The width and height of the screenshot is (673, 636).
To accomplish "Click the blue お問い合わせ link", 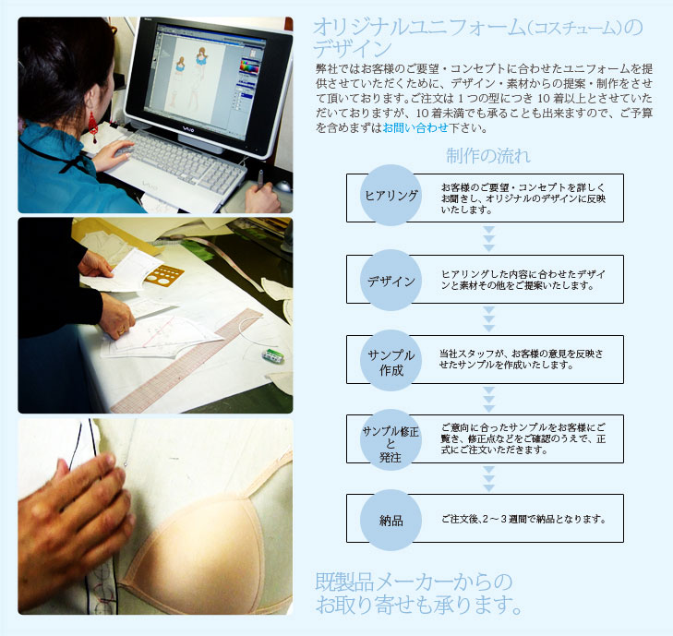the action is (415, 127).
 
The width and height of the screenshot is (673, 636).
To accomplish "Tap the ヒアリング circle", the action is (391, 196).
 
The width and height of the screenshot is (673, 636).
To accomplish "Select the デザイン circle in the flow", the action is (391, 281).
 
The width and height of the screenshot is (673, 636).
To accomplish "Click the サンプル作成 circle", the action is (391, 361).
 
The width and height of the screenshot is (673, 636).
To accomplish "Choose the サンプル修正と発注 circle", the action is (391, 440).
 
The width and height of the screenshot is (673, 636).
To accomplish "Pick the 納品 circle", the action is (391, 520).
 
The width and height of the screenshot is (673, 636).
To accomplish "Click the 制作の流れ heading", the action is (488, 156).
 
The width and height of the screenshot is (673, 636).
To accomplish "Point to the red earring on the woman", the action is (92, 127).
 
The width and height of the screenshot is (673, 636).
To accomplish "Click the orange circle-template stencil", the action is (164, 276).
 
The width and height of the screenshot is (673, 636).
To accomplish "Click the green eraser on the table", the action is (272, 355).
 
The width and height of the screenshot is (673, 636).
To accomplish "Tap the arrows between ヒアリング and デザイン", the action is (489, 238).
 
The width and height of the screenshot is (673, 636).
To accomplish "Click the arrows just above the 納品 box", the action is (489, 478).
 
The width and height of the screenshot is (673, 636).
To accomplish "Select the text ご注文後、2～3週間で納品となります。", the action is (523, 520).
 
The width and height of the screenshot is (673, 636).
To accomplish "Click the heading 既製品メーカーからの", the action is (414, 582).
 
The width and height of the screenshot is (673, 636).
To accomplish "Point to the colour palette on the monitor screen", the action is (249, 67).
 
